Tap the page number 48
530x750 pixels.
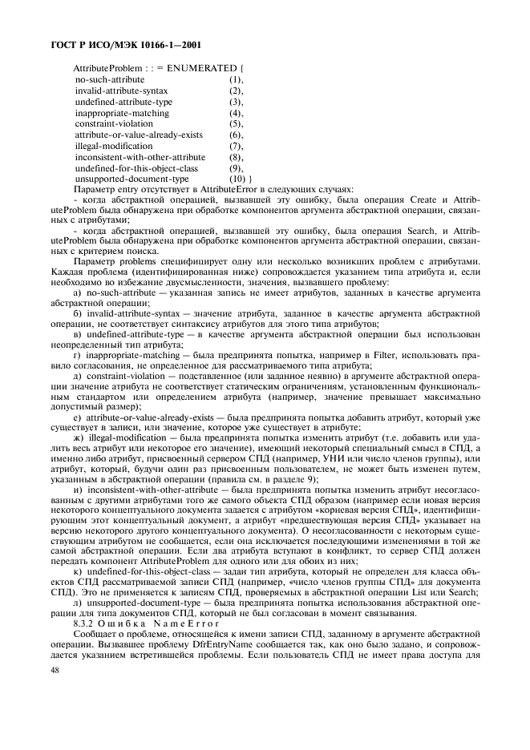coord(54,692)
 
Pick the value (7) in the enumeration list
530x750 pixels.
coord(236,147)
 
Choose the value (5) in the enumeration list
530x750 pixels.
coord(236,124)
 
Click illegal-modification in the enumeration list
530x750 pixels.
coord(113,147)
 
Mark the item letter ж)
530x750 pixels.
coord(78,439)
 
